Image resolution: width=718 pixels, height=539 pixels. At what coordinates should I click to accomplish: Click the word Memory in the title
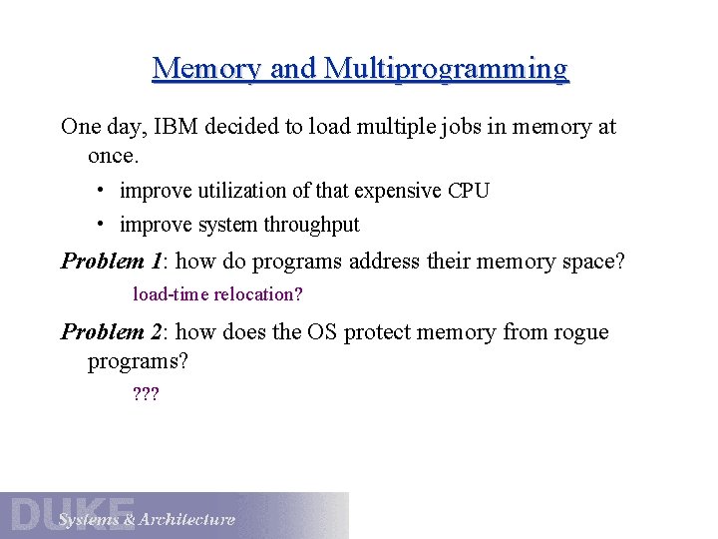(206, 69)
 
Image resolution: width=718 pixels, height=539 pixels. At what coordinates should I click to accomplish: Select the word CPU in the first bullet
(468, 191)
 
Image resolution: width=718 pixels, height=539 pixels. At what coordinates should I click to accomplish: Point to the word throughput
(311, 226)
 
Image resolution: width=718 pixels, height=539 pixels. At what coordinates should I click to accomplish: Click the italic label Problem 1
(111, 262)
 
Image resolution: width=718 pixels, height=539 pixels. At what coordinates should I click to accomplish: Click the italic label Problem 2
(111, 332)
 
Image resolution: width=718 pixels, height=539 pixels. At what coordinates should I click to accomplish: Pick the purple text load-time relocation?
(217, 294)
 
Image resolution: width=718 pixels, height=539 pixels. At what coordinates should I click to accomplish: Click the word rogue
(576, 332)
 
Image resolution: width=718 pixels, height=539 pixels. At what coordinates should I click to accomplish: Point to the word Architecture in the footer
(187, 519)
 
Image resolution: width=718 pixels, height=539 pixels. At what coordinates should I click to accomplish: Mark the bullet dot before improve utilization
(102, 189)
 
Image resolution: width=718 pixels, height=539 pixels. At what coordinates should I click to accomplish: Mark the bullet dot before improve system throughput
(102, 224)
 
